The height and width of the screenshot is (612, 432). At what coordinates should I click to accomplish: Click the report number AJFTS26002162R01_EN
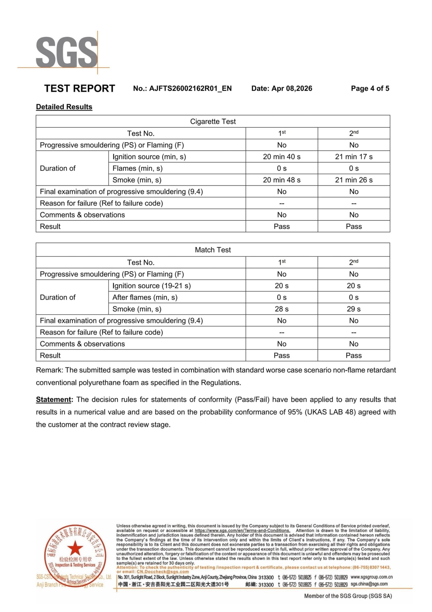[x=190, y=88]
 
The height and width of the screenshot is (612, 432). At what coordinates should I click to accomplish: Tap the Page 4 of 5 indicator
[x=370, y=88]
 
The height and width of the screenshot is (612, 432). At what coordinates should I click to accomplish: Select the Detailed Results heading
[x=64, y=107]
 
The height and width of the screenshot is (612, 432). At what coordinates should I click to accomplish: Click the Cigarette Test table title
[x=213, y=121]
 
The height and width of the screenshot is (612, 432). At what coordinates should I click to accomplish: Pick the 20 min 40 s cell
[x=281, y=157]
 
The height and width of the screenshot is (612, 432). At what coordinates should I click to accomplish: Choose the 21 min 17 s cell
[x=353, y=157]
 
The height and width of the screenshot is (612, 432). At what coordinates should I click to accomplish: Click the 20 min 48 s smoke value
[x=281, y=180]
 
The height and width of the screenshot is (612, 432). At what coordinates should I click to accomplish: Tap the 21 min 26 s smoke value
[x=353, y=180]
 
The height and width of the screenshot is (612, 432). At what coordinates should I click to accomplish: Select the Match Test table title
[x=213, y=250]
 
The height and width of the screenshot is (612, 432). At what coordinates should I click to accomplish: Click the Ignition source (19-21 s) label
[x=151, y=286]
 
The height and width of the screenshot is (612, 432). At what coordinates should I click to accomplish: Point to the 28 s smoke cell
[x=281, y=309]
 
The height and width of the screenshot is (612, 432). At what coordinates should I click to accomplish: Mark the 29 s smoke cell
[x=353, y=309]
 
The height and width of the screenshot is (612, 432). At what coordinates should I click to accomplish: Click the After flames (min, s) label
[x=145, y=297]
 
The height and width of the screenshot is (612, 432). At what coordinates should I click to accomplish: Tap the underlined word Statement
[x=53, y=399]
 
